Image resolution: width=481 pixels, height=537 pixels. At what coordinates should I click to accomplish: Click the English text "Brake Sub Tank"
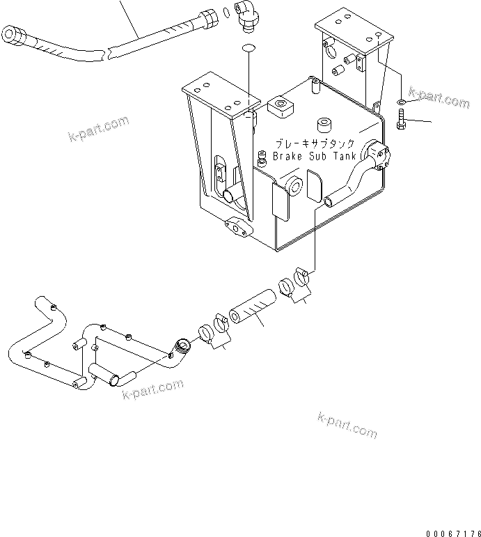click(314, 157)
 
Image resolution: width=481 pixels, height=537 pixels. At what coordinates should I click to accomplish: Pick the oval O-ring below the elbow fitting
click(249, 48)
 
